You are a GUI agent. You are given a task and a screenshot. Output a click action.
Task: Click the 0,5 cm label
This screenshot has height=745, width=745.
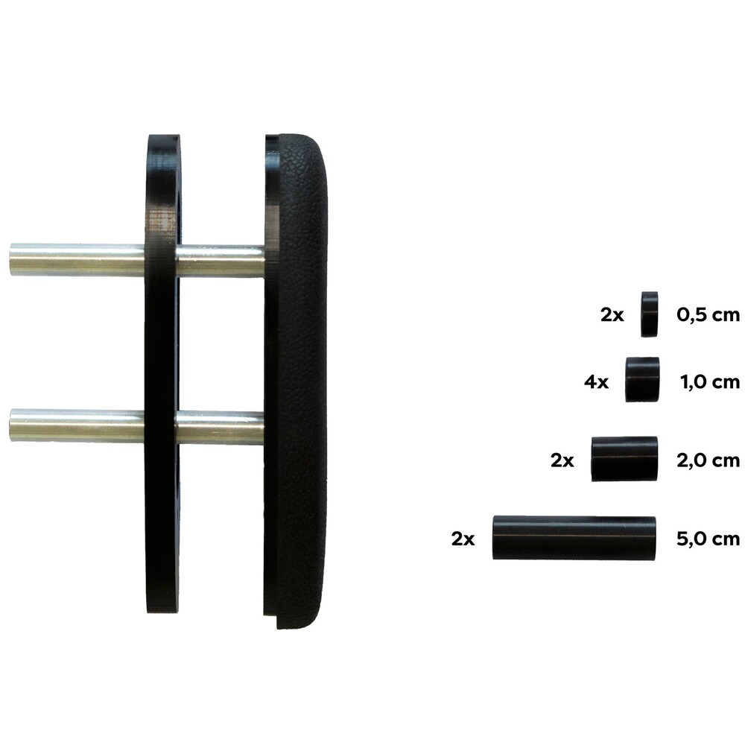point(708,314)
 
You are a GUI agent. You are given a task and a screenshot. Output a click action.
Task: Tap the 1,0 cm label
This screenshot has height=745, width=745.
point(710,381)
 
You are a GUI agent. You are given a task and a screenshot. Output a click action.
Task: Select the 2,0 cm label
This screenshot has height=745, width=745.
point(708,460)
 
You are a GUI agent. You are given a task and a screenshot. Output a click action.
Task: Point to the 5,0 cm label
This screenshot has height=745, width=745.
point(708,539)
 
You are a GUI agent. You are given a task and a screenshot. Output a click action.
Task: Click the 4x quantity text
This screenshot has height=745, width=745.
point(596,381)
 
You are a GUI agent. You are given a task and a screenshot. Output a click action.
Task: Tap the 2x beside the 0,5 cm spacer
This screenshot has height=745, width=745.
point(612,314)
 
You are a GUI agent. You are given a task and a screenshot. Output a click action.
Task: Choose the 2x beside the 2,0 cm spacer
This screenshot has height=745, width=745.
point(562,460)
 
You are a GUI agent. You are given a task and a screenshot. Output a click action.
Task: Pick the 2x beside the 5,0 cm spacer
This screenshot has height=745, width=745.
point(463,539)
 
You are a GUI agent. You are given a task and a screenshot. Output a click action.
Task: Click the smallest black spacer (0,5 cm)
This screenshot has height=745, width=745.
point(649,314)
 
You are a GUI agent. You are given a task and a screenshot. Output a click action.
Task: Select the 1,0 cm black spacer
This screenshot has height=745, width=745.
point(642,380)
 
